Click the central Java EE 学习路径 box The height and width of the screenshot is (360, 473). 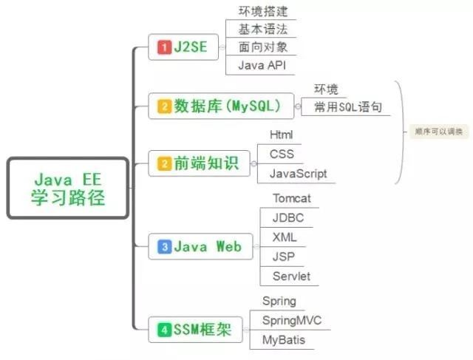68,188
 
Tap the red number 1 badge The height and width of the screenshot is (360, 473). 164,48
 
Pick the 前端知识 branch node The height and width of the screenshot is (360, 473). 198,164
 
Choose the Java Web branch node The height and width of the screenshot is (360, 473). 200,246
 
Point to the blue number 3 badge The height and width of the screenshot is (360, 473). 164,246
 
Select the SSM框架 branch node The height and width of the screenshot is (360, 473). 194,329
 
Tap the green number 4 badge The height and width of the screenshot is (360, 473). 163,329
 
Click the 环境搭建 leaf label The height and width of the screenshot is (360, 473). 263,12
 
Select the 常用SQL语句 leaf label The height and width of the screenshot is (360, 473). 347,107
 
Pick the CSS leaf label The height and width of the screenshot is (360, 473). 282,154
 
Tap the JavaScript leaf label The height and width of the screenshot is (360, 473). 292,174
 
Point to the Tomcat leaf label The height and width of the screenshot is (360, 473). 292,199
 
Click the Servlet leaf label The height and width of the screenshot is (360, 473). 291,276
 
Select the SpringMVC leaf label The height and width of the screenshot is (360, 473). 292,320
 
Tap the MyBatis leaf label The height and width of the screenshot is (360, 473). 284,340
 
